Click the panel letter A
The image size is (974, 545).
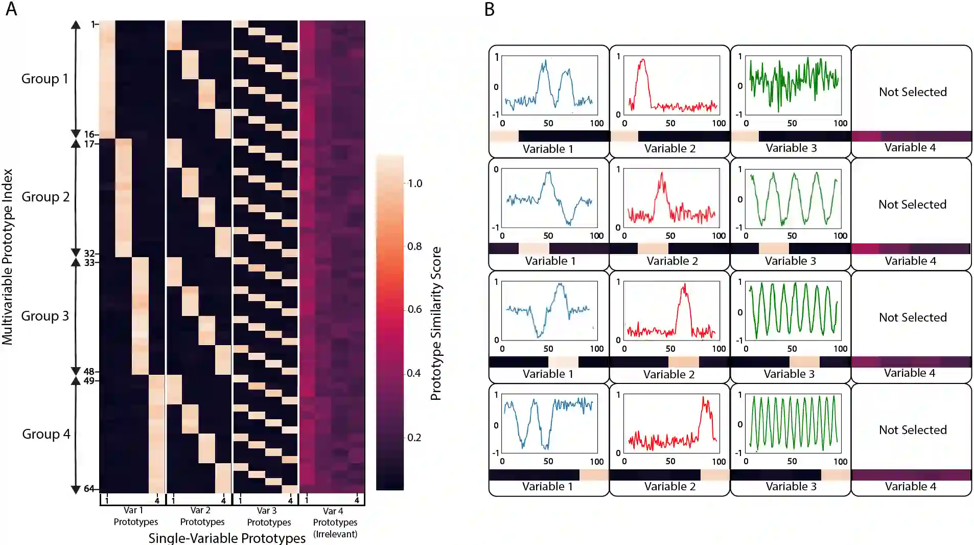click(11, 9)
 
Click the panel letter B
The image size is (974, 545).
click(490, 9)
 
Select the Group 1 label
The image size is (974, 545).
click(44, 79)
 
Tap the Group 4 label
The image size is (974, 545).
click(46, 434)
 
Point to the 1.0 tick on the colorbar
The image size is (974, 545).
click(415, 183)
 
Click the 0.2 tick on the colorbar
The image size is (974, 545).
click(414, 437)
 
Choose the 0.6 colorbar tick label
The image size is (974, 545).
click(414, 309)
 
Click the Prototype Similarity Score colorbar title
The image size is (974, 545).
click(436, 323)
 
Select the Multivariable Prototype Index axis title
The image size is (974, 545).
click(7, 257)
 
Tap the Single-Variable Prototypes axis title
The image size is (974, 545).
click(227, 538)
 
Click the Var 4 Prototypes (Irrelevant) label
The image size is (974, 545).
click(335, 522)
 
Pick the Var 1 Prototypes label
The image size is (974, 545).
click(135, 516)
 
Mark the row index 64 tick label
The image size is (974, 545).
click(89, 489)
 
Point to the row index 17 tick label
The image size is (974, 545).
click(89, 144)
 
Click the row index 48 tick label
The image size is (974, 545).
click(89, 372)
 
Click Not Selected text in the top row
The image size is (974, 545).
click(913, 92)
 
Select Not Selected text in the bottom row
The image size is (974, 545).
click(913, 430)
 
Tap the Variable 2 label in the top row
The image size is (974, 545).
click(669, 148)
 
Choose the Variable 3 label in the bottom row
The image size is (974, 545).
click(791, 486)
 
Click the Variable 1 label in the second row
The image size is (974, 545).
click(550, 261)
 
